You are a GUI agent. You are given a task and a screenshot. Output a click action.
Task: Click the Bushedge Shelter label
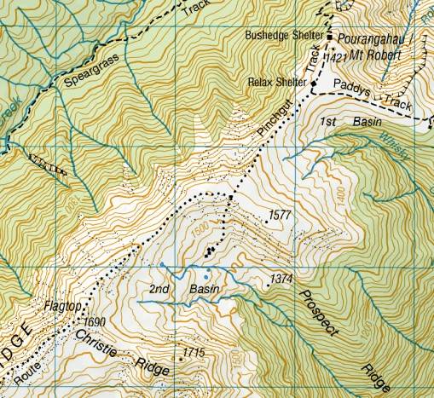coord(283,36)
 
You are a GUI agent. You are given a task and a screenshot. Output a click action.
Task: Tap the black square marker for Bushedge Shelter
coord(329,37)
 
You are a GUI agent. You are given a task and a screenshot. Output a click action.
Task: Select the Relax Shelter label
coord(277,83)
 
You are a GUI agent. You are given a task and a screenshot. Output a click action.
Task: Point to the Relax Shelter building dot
coord(313,89)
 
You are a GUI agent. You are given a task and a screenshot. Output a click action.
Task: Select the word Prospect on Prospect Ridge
coord(320,311)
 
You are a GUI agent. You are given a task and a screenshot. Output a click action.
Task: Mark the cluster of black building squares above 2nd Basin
coord(209,250)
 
